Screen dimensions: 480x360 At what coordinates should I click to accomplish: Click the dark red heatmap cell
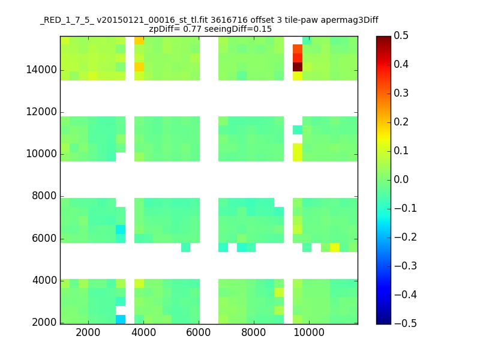pyautogui.click(x=298, y=67)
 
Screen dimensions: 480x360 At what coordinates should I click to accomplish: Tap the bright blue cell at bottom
pyautogui.click(x=121, y=319)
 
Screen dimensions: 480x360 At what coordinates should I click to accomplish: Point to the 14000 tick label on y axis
pyautogui.click(x=41, y=70)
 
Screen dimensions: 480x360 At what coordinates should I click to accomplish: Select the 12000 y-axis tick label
pyautogui.click(x=41, y=112)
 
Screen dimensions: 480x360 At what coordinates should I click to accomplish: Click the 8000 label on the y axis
pyautogui.click(x=44, y=196)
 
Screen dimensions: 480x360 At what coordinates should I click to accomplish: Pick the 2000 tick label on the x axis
pyautogui.click(x=88, y=332)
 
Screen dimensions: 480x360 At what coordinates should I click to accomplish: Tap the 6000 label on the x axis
pyautogui.click(x=199, y=332)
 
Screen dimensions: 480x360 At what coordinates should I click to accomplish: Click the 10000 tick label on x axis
pyautogui.click(x=309, y=332)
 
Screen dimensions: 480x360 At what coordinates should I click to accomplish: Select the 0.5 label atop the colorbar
pyautogui.click(x=401, y=35)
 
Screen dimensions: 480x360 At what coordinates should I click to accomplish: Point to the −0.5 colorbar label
pyautogui.click(x=406, y=323)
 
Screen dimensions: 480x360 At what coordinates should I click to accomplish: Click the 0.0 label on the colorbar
pyautogui.click(x=401, y=179)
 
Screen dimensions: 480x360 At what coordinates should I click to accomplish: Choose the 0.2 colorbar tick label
pyautogui.click(x=401, y=122)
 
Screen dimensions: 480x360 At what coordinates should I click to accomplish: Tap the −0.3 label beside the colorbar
pyautogui.click(x=406, y=266)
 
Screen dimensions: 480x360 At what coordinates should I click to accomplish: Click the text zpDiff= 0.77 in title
pyautogui.click(x=175, y=29)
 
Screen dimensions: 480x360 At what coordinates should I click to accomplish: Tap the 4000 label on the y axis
pyautogui.click(x=44, y=280)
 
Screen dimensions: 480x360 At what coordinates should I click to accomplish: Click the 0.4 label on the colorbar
pyautogui.click(x=401, y=64)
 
